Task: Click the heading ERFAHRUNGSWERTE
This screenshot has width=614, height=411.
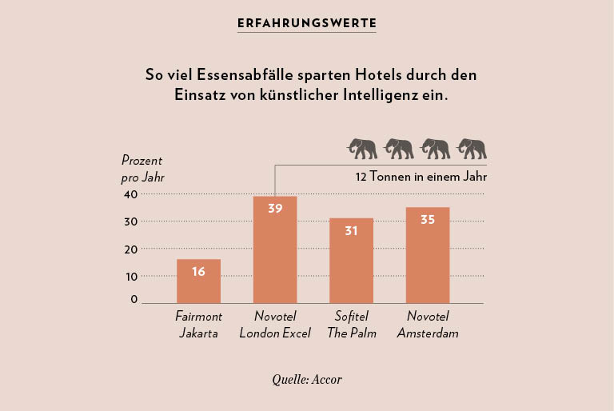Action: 307,23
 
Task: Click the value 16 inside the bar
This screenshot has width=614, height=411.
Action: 198,271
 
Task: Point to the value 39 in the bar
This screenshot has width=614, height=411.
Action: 275,209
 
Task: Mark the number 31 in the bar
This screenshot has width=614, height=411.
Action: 351,230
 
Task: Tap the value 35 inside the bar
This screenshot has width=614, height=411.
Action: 428,219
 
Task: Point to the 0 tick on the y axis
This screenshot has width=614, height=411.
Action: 134,300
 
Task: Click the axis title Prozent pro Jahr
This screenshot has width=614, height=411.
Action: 143,169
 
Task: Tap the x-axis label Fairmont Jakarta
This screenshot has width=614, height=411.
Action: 198,325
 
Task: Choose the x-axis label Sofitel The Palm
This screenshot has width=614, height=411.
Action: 351,325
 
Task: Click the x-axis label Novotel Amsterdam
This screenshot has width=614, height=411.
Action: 428,325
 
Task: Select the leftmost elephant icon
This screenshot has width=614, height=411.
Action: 361,149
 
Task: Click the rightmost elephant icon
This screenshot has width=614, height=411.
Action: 472,149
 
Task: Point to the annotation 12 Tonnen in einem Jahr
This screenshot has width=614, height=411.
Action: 421,177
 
